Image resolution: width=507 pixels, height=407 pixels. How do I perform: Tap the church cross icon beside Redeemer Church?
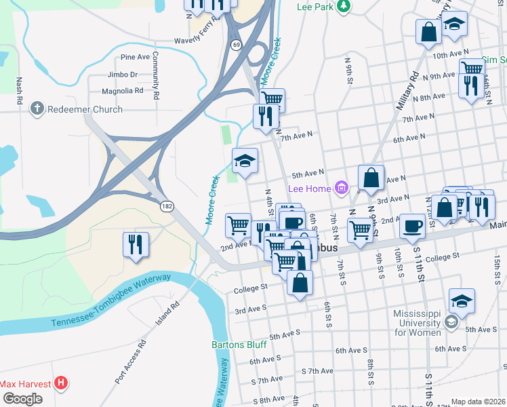click(x=37, y=109)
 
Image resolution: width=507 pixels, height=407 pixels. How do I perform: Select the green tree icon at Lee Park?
click(x=344, y=7)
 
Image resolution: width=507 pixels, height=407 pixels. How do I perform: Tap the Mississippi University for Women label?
click(x=411, y=324)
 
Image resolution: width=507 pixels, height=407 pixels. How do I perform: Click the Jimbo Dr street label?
click(x=122, y=75)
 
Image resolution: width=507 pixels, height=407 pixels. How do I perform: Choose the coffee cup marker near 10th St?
click(x=411, y=227)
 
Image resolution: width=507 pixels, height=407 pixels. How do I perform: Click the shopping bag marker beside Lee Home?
click(x=371, y=178)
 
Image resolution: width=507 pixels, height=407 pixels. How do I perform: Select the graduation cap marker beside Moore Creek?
click(x=245, y=161)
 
